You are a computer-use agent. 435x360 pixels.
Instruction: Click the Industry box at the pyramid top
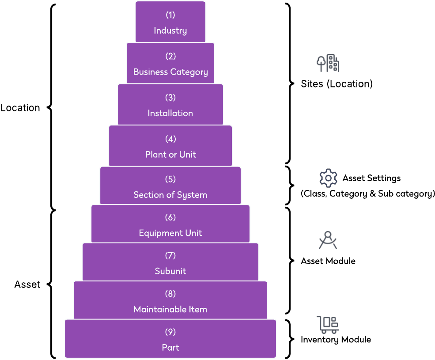point(170,22)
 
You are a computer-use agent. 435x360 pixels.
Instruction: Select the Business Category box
point(170,63)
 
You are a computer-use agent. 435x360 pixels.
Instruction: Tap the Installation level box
point(170,105)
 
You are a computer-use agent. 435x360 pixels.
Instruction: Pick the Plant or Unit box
point(170,146)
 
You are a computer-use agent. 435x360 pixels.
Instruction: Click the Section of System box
point(170,186)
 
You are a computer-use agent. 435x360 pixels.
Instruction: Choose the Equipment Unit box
point(170,224)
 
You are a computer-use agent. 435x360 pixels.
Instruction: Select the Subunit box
point(170,262)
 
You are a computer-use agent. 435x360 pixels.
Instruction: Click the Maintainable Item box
point(170,300)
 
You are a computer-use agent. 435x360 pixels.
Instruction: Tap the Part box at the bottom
point(170,339)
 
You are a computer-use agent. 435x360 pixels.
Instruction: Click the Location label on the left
point(20,108)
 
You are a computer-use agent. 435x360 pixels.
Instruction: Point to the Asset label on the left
point(27,284)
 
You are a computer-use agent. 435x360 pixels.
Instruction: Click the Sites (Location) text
point(337,84)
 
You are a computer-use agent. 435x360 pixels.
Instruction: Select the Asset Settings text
point(371,178)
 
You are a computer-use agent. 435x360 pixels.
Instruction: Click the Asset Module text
point(328,261)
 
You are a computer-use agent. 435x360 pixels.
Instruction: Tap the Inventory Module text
point(336,340)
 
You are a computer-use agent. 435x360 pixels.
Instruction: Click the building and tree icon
point(328,64)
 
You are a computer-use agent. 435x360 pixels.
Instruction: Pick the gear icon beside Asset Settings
point(328,178)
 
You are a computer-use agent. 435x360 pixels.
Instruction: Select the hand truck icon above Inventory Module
point(328,325)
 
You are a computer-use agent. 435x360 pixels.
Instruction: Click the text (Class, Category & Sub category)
point(368,194)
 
